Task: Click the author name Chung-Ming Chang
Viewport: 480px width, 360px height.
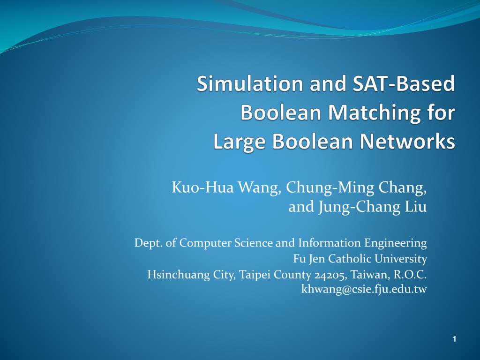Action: tap(356, 188)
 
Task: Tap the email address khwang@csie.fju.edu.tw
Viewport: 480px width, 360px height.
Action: tap(364, 289)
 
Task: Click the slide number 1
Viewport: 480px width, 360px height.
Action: tap(454, 339)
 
